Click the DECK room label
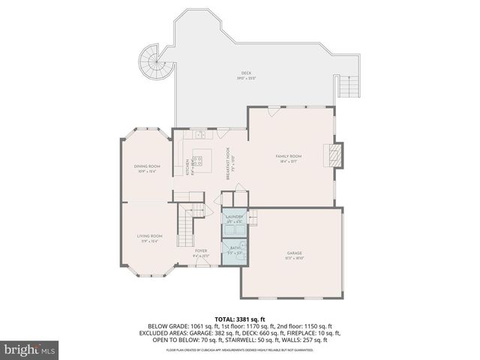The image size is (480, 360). [245, 75]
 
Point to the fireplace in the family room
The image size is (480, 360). [337, 155]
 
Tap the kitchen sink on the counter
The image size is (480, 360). [199, 135]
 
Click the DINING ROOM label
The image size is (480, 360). [147, 168]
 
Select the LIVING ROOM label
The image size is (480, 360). [150, 238]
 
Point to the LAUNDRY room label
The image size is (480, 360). [234, 217]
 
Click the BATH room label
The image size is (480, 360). [234, 248]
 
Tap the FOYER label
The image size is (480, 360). [201, 253]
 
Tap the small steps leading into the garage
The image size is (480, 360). [253, 218]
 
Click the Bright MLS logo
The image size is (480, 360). [30, 349]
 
